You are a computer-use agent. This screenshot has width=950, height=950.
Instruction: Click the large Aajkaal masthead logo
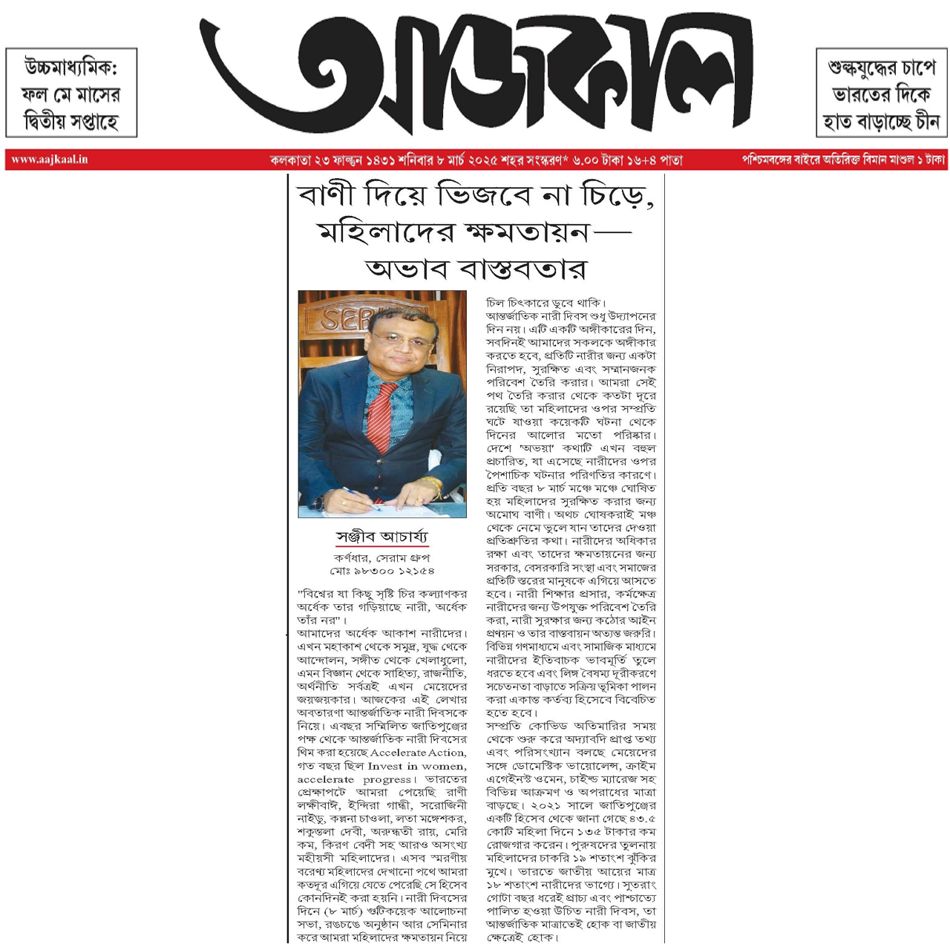point(475,74)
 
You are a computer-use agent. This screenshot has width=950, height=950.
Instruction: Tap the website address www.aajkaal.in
point(50,160)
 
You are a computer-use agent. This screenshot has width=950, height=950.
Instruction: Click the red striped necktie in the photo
point(381,415)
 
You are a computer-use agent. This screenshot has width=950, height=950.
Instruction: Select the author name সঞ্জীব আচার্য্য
point(381,537)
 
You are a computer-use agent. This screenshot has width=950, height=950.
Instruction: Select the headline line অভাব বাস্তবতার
point(476,268)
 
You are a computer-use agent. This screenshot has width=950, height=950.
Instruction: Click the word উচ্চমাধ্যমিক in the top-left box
point(71,68)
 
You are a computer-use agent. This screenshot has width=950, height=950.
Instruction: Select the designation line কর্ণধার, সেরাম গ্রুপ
point(381,557)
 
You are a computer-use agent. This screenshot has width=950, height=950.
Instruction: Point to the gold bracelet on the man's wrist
point(431,485)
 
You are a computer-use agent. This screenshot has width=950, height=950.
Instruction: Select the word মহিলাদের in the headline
point(385,232)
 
